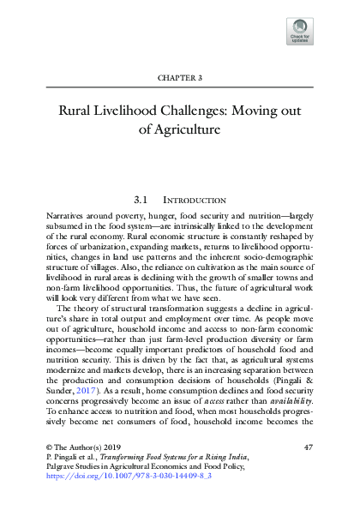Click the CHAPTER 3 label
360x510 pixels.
click(x=180, y=77)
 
